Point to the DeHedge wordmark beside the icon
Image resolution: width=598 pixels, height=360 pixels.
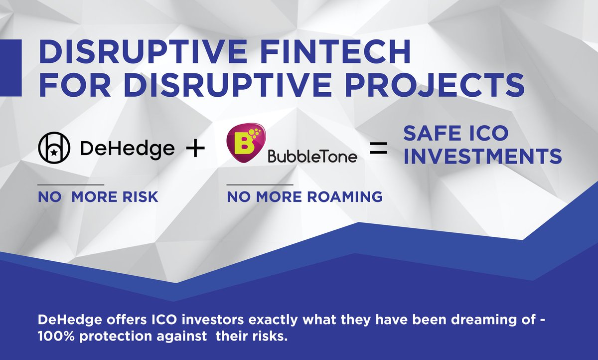128,149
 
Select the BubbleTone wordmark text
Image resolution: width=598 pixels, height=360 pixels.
312,157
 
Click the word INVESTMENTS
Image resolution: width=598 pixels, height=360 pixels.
482,157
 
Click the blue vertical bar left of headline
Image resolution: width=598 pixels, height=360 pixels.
10,68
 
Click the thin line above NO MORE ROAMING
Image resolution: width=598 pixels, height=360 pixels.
260,185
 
